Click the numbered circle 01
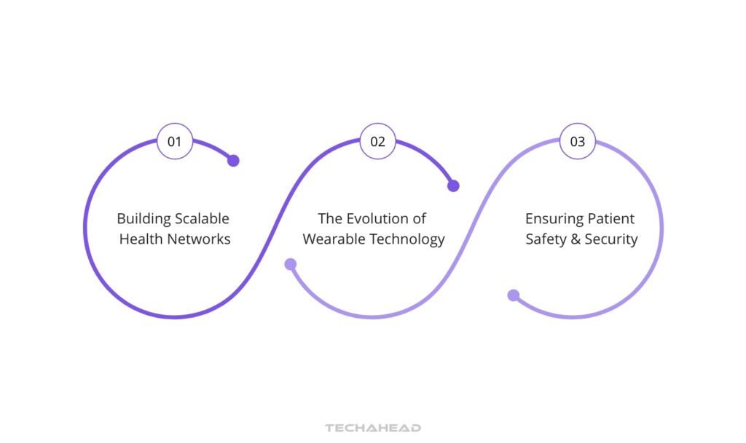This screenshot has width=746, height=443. pyautogui.click(x=175, y=141)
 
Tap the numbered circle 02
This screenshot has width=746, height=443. pyautogui.click(x=377, y=141)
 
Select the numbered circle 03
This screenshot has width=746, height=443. pyautogui.click(x=577, y=141)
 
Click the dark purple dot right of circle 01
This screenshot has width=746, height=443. pyautogui.click(x=233, y=161)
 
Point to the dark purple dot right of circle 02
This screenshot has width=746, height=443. pyautogui.click(x=453, y=185)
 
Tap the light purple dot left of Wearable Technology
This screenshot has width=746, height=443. pyautogui.click(x=291, y=264)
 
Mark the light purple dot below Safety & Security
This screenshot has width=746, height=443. pyautogui.click(x=514, y=295)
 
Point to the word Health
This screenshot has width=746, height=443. pyautogui.click(x=140, y=239)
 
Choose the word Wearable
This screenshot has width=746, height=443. pyautogui.click(x=333, y=239)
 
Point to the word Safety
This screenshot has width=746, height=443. pyautogui.click(x=546, y=239)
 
